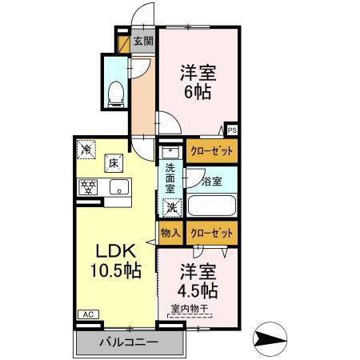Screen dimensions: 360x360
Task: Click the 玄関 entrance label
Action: click(x=142, y=42)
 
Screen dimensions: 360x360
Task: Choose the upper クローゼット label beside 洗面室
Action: click(x=212, y=150)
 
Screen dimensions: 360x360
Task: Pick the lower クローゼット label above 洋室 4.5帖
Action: click(x=212, y=233)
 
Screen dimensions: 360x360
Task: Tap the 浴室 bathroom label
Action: click(x=212, y=182)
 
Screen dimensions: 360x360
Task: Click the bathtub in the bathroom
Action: click(x=211, y=206)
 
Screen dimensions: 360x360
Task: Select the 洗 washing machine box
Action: click(x=170, y=207)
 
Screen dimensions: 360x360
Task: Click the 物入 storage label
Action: click(x=170, y=233)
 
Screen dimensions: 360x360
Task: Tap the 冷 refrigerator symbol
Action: click(x=86, y=148)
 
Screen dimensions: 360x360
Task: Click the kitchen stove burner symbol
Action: click(x=88, y=187)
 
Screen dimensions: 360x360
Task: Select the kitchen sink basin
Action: click(x=118, y=189)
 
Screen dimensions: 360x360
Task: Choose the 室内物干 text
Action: click(x=189, y=308)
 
